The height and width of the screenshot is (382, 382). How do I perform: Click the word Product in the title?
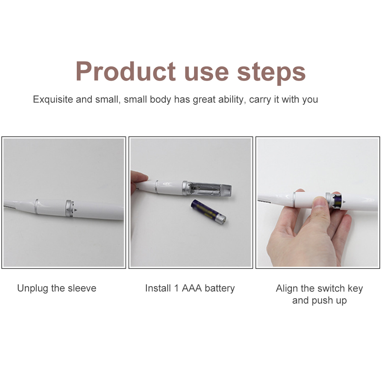[x=125, y=71]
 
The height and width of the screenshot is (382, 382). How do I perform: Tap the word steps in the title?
[x=271, y=72]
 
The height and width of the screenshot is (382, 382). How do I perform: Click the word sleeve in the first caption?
[x=82, y=288]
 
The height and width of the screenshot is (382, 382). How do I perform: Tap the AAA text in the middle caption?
[x=192, y=288]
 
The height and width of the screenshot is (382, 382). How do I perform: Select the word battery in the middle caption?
[x=220, y=288]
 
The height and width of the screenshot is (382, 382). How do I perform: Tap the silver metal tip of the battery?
[x=221, y=220]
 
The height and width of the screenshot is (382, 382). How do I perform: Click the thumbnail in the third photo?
[x=319, y=202]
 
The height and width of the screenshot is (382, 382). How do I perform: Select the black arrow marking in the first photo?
[x=76, y=210]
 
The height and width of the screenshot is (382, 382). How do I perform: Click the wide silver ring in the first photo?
[x=69, y=208]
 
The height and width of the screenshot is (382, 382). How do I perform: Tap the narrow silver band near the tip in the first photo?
[x=36, y=206]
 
